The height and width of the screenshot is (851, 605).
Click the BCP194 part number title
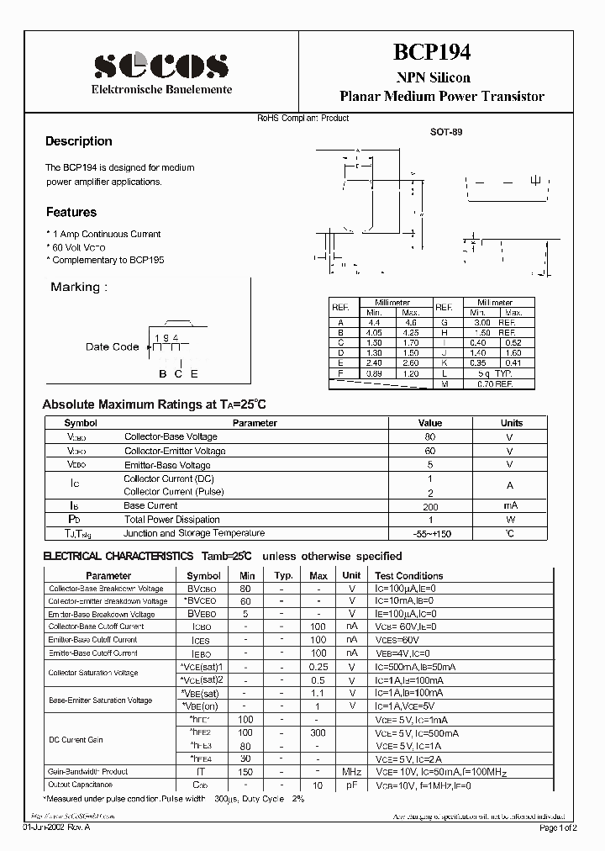[x=433, y=52]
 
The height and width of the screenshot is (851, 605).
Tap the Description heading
[x=78, y=141]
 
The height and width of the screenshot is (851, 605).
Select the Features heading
[x=71, y=212]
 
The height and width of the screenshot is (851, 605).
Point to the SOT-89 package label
[x=445, y=132]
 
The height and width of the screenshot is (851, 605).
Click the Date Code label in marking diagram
[x=112, y=346]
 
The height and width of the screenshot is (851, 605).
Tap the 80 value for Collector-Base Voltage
[x=429, y=436]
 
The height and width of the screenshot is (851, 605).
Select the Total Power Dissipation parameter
[x=171, y=520]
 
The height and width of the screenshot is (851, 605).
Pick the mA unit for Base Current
[x=511, y=505]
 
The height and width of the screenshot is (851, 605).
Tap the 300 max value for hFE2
[x=318, y=733]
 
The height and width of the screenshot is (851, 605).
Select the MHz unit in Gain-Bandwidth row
[x=351, y=771]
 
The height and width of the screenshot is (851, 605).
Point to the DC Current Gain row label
[x=76, y=739]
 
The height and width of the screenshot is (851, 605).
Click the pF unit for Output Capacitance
[x=351, y=785]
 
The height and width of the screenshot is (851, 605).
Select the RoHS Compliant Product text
[x=302, y=118]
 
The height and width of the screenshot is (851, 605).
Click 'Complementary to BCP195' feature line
[x=105, y=261]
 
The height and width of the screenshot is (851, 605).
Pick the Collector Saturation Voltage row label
[x=92, y=673]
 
